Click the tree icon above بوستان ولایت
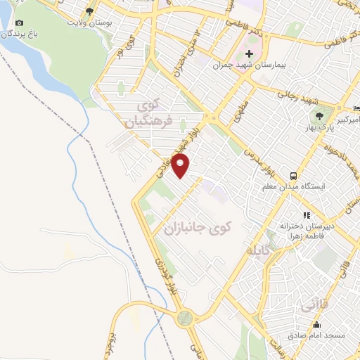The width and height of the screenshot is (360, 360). (x=89, y=11)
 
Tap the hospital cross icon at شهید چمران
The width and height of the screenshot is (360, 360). (x=249, y=54)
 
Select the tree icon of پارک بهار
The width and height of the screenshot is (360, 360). (x=320, y=116)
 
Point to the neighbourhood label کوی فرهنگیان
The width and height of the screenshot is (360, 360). (x=149, y=116)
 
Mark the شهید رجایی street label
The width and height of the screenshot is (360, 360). (x=298, y=96)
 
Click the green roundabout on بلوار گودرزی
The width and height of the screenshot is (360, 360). (x=184, y=318)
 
